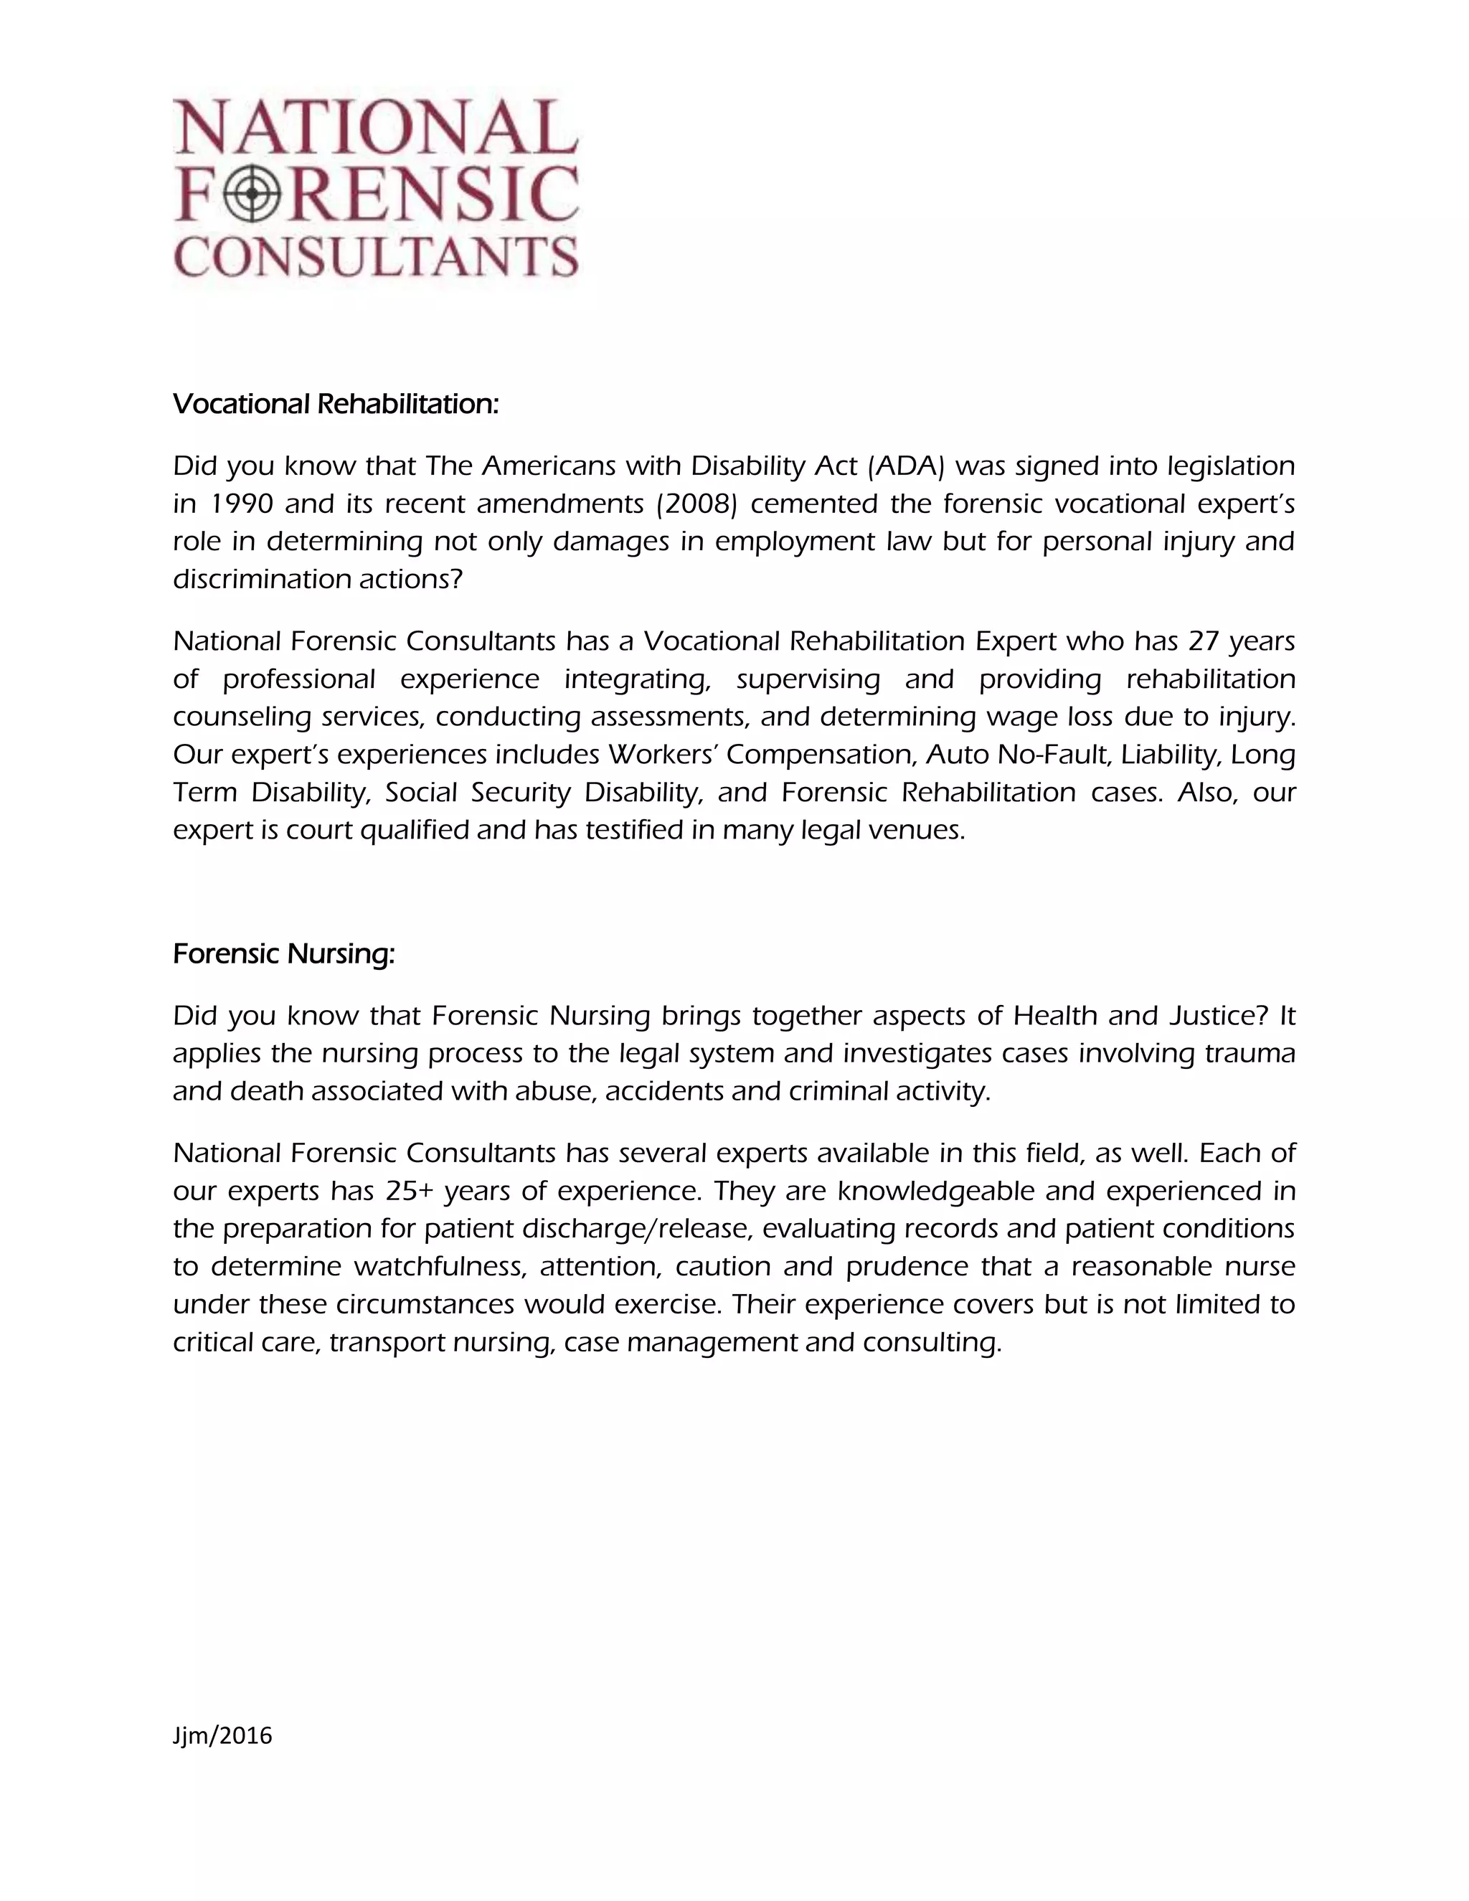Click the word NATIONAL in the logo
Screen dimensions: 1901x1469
point(377,128)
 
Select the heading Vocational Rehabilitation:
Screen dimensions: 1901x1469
point(336,404)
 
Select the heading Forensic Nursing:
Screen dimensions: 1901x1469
point(284,954)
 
